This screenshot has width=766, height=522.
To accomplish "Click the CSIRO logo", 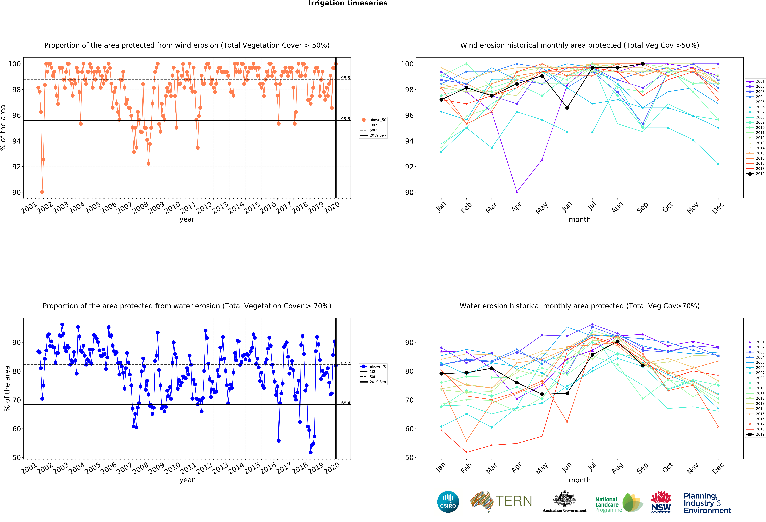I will [x=448, y=502].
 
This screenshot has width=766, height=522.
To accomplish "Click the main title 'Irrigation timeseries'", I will [x=348, y=3].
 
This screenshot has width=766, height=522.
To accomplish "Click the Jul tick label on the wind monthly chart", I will [x=592, y=206].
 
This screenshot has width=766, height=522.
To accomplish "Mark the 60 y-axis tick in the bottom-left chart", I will [x=17, y=429].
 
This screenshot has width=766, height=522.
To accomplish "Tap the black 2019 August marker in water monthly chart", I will [x=617, y=341].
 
